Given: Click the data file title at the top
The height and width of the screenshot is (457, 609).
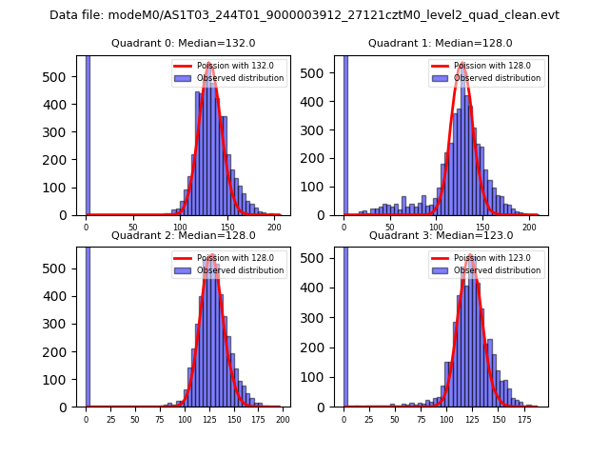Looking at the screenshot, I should pyautogui.click(x=304, y=15).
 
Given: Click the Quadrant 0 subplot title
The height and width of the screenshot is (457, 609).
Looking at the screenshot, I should pyautogui.click(x=184, y=43).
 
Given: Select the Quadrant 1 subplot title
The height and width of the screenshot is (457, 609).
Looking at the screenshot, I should pyautogui.click(x=441, y=43).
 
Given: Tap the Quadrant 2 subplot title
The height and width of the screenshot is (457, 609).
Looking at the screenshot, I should pyautogui.click(x=184, y=235).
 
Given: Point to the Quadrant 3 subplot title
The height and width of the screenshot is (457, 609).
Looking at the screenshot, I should pyautogui.click(x=441, y=235).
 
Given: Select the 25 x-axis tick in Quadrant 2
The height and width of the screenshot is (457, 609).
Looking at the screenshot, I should pyautogui.click(x=110, y=420).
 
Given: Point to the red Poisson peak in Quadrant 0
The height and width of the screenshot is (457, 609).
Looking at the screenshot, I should pyautogui.click(x=209, y=64).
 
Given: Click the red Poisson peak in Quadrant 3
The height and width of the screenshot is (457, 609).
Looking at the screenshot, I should pyautogui.click(x=471, y=255).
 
